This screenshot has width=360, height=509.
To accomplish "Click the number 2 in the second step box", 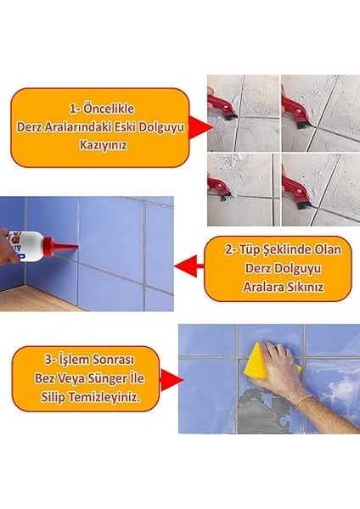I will [x=228, y=249].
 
